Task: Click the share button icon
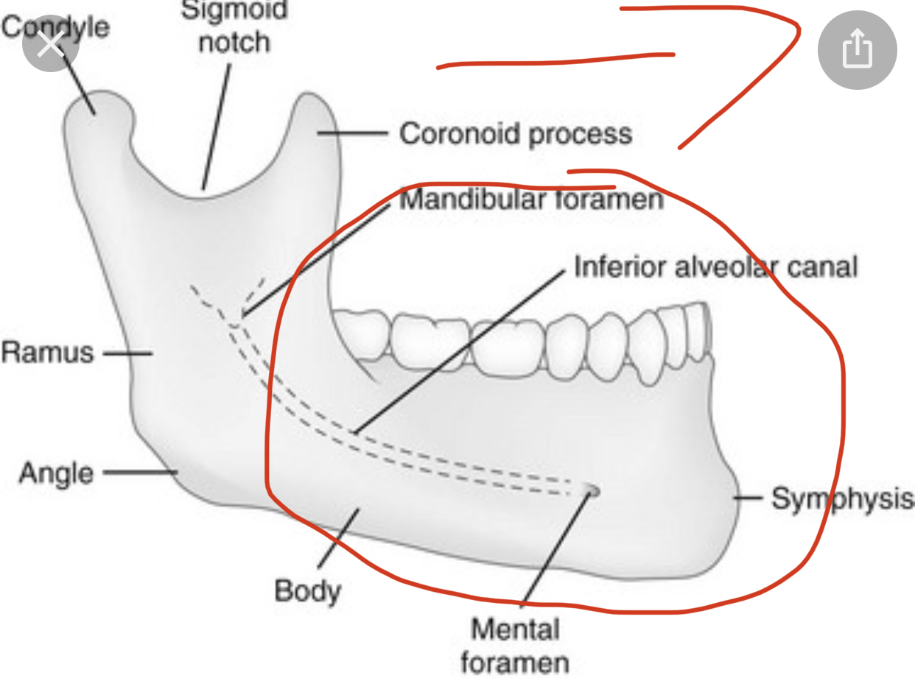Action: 858,50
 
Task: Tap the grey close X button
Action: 50,43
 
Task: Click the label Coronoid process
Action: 516,134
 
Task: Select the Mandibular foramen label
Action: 532,199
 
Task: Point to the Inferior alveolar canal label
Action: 716,266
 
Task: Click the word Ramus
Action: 47,353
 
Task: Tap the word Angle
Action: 56,473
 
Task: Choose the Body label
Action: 308,592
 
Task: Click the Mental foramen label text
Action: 515,646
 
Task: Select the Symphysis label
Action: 843,499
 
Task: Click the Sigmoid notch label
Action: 234,27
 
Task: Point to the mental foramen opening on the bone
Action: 592,490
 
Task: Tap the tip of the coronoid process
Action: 309,93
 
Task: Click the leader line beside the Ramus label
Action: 128,353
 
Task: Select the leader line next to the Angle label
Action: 140,472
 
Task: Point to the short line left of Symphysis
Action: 748,498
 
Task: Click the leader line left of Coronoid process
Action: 353,133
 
